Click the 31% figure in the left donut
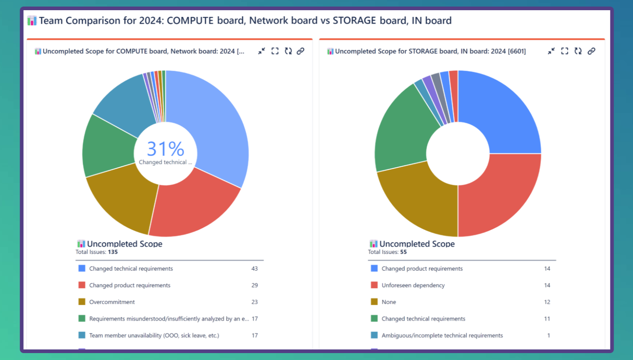tap(166, 149)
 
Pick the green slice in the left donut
tap(108, 146)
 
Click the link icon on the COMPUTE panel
tap(300, 51)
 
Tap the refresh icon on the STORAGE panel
tap(578, 51)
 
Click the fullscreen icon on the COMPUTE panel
tap(275, 51)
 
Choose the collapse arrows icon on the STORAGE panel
tap(551, 51)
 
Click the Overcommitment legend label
tap(112, 302)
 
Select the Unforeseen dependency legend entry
tap(413, 285)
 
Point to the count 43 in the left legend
tap(255, 269)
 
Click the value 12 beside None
tap(547, 302)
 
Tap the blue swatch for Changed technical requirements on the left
tap(82, 269)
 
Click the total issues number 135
tap(113, 252)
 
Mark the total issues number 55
tap(403, 252)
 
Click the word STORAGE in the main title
tap(354, 20)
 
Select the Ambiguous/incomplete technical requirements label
tap(442, 336)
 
